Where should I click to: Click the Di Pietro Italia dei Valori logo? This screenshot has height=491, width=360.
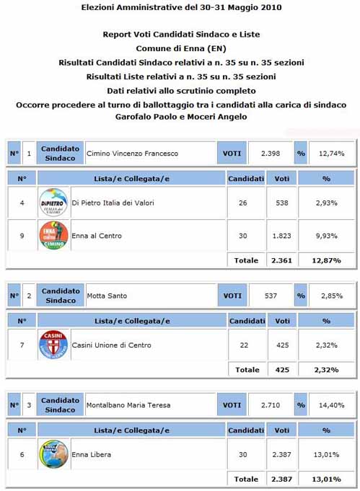[x=53, y=203]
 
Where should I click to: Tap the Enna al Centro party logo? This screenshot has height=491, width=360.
[x=53, y=236]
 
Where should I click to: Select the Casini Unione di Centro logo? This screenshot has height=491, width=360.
[x=53, y=345]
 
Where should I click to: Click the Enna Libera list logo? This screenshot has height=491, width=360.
[x=53, y=454]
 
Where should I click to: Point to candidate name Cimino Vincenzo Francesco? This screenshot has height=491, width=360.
[x=132, y=154]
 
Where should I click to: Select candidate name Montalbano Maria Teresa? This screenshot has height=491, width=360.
[x=128, y=405]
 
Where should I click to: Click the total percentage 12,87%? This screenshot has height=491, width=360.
[x=326, y=260]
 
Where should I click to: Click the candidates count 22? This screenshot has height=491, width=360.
[x=245, y=345]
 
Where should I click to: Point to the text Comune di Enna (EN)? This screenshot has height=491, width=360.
[x=181, y=48]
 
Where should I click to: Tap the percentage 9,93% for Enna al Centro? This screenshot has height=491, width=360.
[x=326, y=236]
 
